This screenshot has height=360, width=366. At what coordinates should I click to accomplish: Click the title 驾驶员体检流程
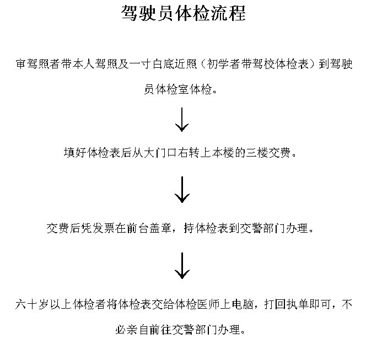coord(183,13)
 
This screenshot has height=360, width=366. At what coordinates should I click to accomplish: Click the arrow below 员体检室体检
coord(182,120)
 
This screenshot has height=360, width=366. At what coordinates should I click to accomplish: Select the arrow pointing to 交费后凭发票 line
coord(182,190)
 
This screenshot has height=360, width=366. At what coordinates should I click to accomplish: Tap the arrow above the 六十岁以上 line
coord(182,265)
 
